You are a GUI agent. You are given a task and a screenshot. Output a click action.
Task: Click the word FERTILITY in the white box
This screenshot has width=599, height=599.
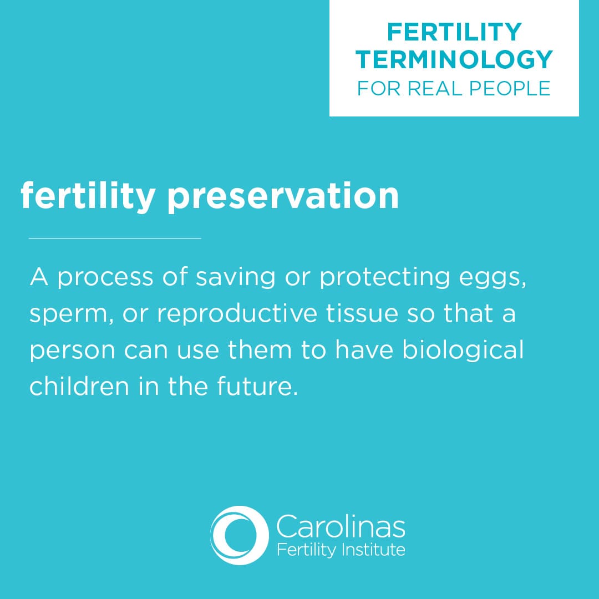454,32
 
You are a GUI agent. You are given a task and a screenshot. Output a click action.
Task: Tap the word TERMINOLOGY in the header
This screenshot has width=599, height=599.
454,59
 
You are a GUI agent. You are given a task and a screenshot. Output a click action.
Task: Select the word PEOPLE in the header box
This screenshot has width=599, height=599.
510,89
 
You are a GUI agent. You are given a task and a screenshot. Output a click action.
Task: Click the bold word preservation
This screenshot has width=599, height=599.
283,196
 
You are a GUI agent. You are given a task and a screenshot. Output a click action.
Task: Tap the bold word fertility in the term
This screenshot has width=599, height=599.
88,196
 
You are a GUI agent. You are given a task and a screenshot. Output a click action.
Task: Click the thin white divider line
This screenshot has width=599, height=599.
115,238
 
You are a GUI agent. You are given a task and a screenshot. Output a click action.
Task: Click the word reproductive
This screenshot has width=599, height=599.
237,313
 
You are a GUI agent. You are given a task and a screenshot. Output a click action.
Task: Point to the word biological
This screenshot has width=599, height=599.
463,351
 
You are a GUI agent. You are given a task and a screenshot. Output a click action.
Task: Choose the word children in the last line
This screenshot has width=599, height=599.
79,386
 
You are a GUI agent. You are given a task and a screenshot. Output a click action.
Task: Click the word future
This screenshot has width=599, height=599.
257,386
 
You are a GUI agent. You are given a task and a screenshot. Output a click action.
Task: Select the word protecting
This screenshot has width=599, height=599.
384,278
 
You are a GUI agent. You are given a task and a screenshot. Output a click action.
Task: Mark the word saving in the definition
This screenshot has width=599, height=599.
235,278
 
